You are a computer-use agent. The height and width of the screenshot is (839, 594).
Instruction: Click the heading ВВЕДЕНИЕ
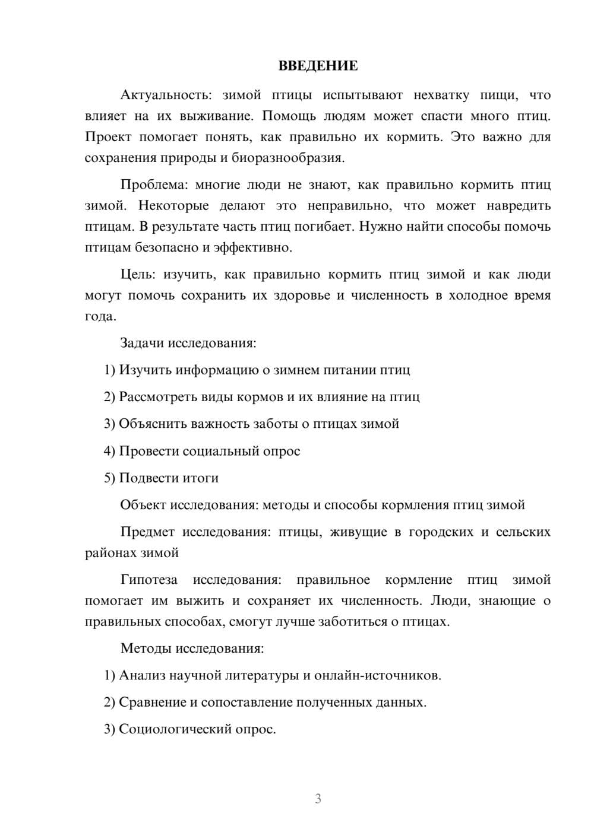pos(318,66)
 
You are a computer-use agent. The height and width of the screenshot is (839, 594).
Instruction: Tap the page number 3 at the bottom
pos(318,799)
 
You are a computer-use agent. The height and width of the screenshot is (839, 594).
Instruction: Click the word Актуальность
pos(166,96)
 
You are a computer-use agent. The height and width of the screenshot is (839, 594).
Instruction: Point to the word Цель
pos(138,275)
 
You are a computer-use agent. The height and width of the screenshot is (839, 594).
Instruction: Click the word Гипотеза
pos(149,580)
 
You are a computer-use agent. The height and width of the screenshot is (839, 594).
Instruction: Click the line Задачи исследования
pos(188,343)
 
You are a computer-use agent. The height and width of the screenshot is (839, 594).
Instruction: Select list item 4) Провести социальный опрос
pos(202,451)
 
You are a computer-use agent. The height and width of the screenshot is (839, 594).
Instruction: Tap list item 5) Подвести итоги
pos(161,478)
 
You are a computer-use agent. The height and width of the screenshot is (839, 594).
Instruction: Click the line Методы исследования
pos(192,648)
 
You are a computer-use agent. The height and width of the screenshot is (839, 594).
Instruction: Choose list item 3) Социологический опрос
pos(190,729)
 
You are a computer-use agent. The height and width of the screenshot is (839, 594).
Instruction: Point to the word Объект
pos(143,505)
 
